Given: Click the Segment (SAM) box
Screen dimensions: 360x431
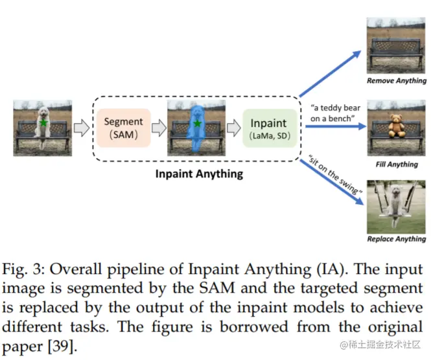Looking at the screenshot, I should (123, 128).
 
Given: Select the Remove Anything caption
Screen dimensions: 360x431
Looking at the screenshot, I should (397, 81).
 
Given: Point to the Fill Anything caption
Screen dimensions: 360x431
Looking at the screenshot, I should (397, 164).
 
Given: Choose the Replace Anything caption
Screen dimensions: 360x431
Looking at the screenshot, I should (397, 239).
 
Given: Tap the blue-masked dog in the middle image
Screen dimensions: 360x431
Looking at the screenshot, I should (196, 129).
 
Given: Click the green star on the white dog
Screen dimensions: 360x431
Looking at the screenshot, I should (43, 122).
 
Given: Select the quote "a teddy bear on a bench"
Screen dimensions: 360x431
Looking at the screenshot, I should (331, 111).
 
